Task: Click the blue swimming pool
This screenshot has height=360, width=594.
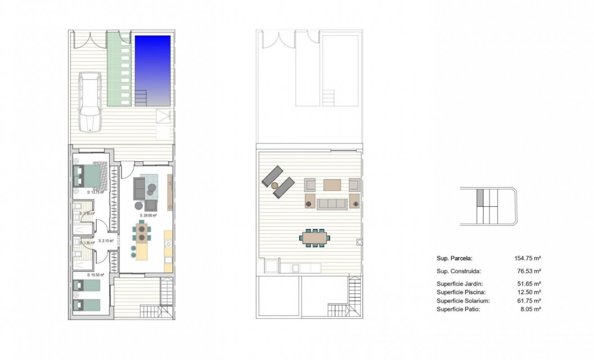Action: (153, 70)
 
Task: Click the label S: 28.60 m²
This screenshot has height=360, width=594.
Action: (148, 216)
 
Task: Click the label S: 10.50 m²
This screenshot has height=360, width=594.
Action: (95, 274)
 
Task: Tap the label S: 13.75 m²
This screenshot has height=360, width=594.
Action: (95, 192)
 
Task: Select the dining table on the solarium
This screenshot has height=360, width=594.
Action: (315, 237)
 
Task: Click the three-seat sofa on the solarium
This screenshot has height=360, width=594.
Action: (333, 204)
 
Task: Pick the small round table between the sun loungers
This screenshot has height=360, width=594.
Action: (274, 184)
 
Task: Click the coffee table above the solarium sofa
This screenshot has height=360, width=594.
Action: (333, 184)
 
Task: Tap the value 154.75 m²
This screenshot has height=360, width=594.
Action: (527, 258)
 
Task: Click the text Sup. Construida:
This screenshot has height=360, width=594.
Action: (459, 271)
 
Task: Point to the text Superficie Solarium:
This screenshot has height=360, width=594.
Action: (463, 301)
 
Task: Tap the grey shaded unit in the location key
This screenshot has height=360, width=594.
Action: (480, 197)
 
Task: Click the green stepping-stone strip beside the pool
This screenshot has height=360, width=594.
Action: (120, 70)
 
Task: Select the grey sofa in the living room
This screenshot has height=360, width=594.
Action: (139, 188)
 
